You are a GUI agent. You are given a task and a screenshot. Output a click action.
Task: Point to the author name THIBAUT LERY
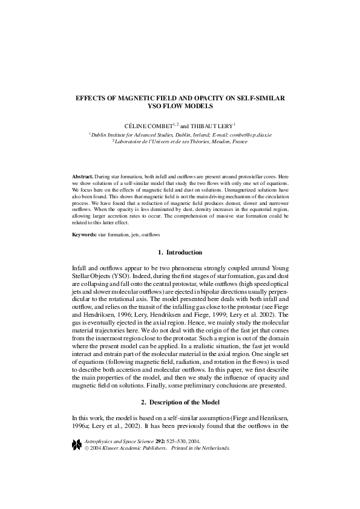pos(210,125)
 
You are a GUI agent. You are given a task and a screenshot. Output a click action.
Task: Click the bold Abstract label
pos(82,176)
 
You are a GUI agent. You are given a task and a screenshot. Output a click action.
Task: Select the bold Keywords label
pos(84,233)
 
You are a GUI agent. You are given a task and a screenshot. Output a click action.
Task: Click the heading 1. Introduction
pos(180,252)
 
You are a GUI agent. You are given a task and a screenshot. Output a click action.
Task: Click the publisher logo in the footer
pos(76,444)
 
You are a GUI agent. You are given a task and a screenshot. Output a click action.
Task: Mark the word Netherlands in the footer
pos(215,449)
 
